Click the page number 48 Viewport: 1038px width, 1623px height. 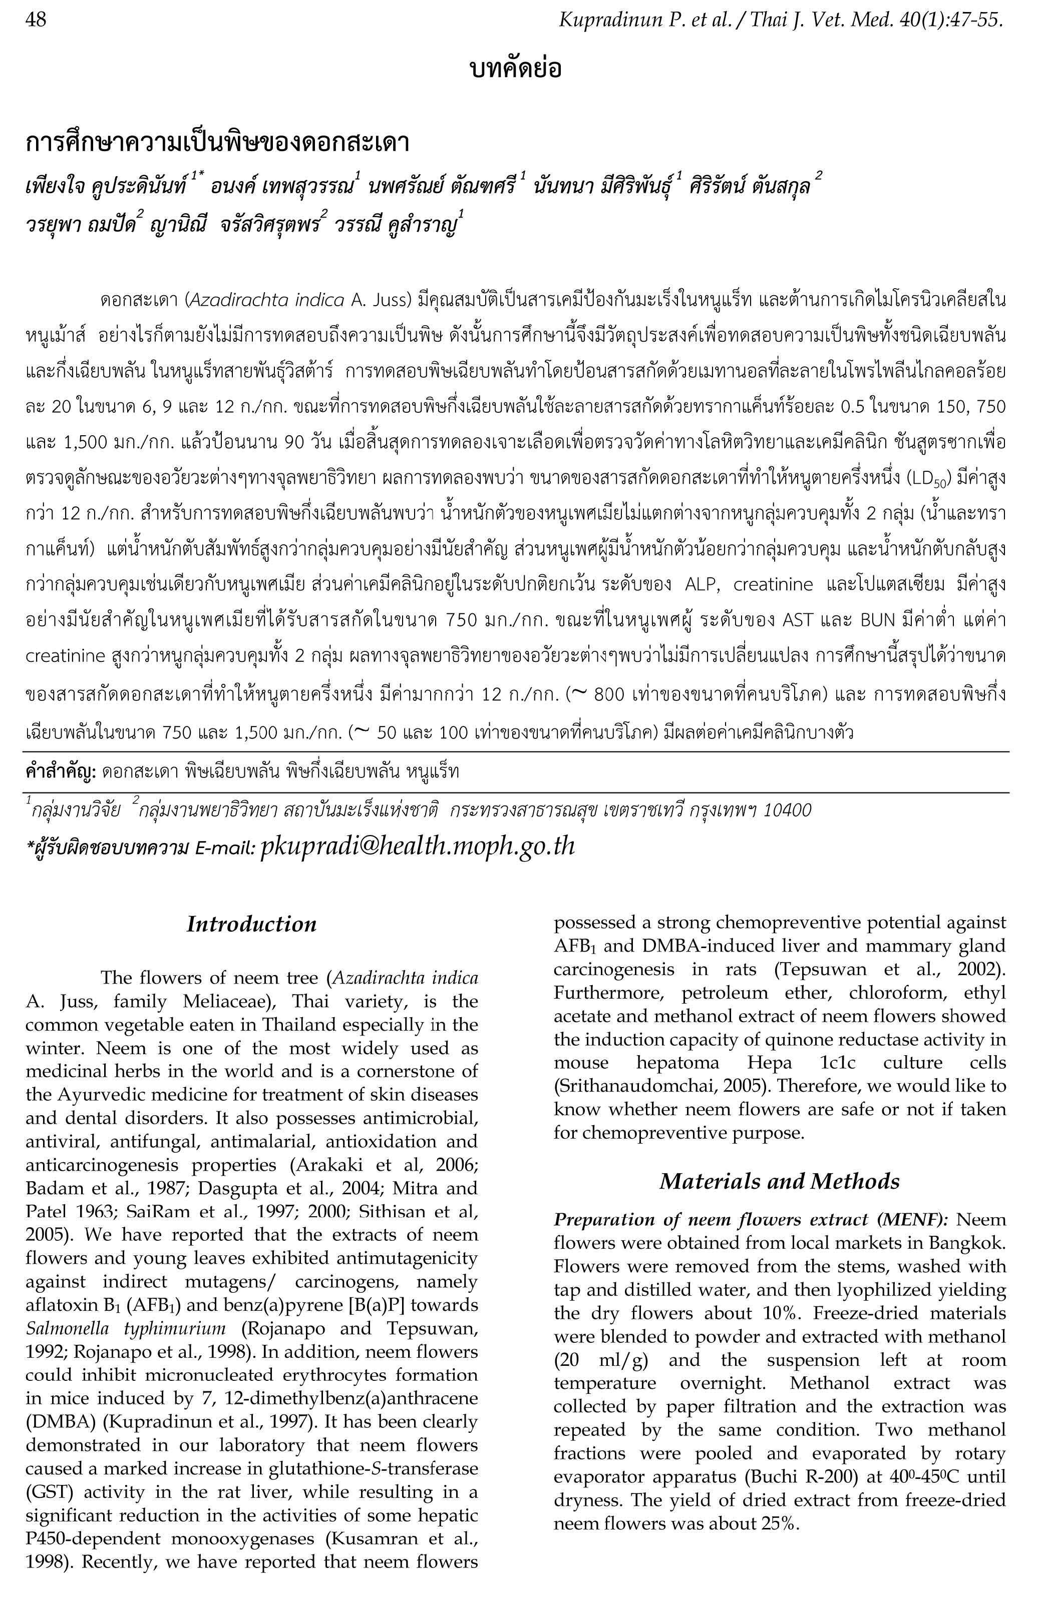[x=36, y=20]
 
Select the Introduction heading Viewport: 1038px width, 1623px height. [x=251, y=924]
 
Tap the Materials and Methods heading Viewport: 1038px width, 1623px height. [x=779, y=1181]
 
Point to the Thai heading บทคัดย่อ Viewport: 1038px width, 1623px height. [x=515, y=68]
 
